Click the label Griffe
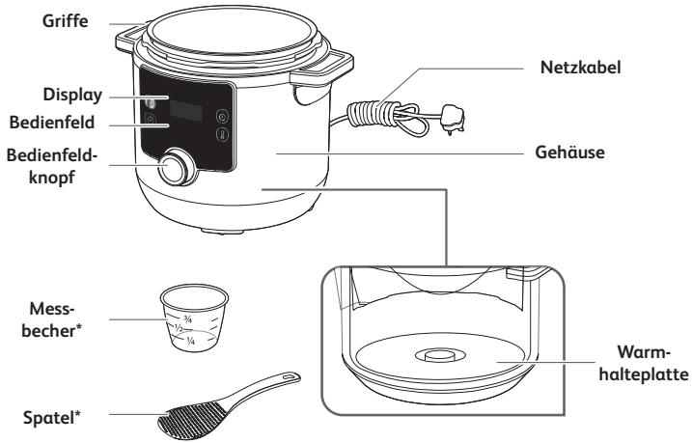65,21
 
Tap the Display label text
72,95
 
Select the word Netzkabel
580,67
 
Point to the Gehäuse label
569,152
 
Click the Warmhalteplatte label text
644,364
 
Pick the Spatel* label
52,417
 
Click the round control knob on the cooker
177,167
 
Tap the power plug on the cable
453,119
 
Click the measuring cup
194,318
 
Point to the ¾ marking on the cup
188,318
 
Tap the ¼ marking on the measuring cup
191,341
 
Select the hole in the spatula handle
289,377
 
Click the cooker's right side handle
322,69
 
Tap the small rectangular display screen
186,110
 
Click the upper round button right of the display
222,117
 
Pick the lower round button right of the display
222,134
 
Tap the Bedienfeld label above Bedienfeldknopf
52,123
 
